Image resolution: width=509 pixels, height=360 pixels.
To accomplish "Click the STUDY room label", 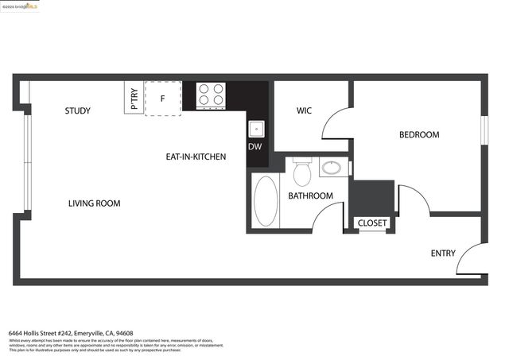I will coord(78,111).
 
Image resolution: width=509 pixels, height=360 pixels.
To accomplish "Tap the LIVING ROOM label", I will coord(94,203).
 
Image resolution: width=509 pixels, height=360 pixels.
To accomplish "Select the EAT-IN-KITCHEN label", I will coord(196,157).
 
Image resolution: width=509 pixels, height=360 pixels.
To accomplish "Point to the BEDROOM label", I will coord(418,135).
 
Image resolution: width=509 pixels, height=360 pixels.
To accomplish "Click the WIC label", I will coord(304,110).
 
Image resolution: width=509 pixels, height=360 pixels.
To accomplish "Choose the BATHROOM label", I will coord(310,195).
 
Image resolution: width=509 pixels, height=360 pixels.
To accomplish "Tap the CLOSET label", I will coord(372,223).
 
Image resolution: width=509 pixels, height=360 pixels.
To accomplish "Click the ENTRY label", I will coord(443,254).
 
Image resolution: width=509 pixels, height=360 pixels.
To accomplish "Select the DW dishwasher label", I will coord(254,147).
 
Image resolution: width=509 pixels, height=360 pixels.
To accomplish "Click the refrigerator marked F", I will coord(162,99).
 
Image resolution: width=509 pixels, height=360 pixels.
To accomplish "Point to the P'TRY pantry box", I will coord(134,99).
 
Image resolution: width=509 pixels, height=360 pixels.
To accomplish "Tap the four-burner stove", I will coord(211,95).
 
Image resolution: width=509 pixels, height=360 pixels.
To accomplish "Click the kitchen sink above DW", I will coord(256,128).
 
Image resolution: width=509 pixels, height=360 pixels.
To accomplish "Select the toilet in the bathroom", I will coord(301,172).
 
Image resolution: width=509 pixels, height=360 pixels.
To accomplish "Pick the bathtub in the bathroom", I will coord(266,202).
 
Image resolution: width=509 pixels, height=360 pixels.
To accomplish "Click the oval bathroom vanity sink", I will coord(332,168).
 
